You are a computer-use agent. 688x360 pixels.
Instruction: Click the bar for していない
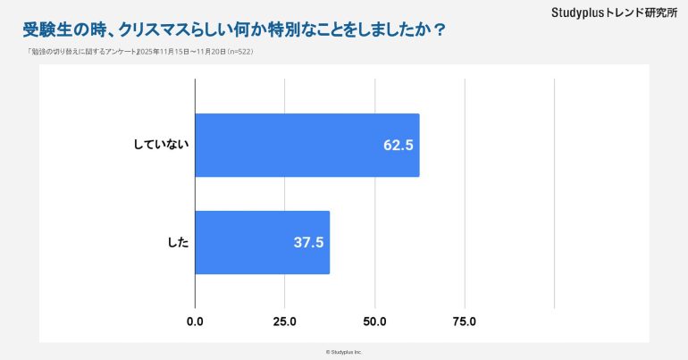point(306,146)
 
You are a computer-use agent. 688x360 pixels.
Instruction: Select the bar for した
point(262,242)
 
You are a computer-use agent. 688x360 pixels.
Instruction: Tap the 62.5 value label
point(399,146)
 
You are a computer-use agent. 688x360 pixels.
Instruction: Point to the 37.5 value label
point(309,242)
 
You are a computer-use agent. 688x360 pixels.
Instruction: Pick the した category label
point(179,242)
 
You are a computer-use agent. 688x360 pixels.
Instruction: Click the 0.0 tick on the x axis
point(195,322)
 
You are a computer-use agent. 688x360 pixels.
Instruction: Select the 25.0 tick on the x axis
point(285,322)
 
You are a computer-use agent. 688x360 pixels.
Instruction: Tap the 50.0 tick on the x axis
point(375,322)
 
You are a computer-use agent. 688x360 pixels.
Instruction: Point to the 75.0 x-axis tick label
point(465,322)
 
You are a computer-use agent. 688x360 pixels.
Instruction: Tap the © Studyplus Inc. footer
point(344,352)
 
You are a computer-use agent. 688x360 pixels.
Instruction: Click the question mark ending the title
point(439,29)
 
